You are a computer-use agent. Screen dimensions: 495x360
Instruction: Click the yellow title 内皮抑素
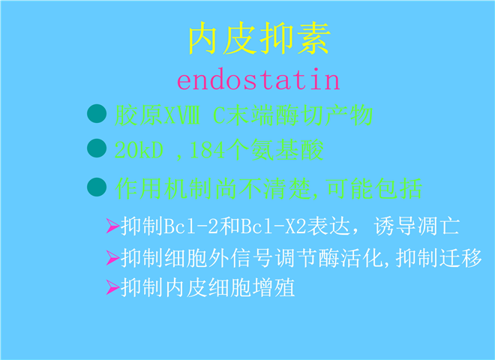[259, 38]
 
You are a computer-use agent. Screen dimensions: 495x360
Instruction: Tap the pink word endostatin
[259, 80]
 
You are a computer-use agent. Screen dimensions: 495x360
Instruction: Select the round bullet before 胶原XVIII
[97, 113]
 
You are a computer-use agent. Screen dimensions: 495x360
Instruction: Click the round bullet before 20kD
[97, 148]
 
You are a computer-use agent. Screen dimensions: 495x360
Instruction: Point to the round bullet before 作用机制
[97, 187]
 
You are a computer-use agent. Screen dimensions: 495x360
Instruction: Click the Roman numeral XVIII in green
[181, 115]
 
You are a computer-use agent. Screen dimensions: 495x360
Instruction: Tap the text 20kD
[139, 150]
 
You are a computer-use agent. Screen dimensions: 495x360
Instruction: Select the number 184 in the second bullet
[207, 150]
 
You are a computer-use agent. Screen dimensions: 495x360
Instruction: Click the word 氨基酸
[286, 150]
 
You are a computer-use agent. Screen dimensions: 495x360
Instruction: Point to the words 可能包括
[374, 188]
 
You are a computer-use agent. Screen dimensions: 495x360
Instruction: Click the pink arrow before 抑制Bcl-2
[112, 226]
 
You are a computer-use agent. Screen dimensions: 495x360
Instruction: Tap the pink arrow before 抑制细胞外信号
[112, 258]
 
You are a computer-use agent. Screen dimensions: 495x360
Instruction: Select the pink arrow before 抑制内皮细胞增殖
[112, 287]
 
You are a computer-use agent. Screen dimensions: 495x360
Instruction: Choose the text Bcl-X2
[274, 226]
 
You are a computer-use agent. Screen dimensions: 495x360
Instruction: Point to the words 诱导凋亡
[417, 226]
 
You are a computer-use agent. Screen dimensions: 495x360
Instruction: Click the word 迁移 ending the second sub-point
[460, 258]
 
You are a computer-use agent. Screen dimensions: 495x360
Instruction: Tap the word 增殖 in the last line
[274, 287]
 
